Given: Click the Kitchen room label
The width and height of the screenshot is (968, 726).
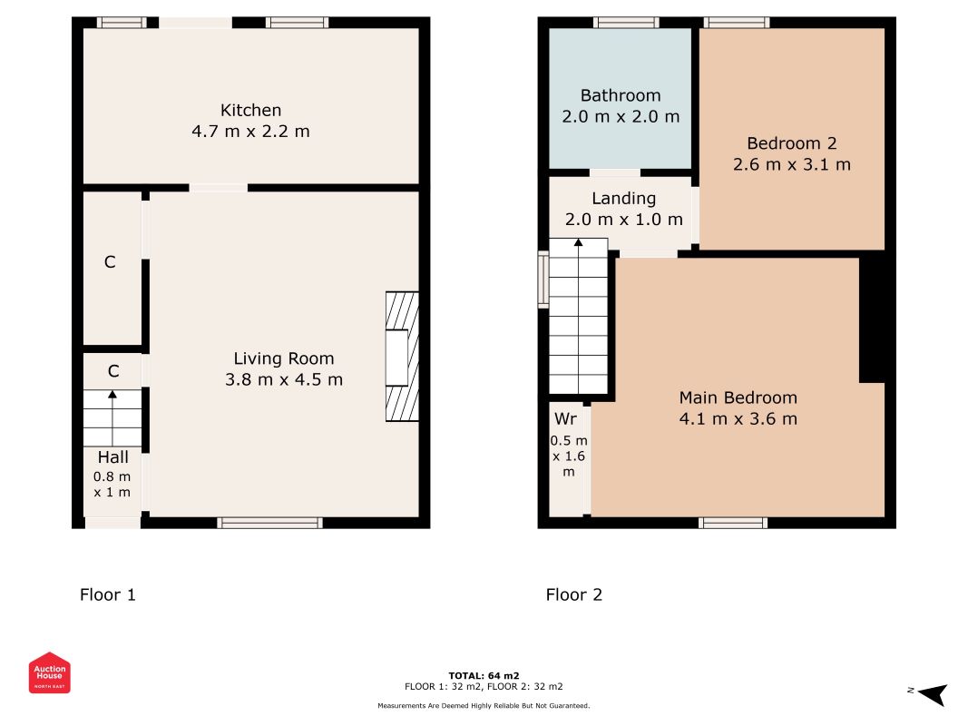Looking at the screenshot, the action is point(250,110).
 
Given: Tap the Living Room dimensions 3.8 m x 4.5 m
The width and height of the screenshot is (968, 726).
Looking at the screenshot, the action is point(283,379).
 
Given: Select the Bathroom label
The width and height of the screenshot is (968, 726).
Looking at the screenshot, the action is point(621,95).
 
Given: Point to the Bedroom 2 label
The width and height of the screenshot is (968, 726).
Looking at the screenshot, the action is point(791,143).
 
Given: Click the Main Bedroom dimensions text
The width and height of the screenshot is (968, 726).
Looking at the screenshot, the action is point(738,418).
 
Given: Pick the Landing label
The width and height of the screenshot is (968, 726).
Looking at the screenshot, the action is point(623,199).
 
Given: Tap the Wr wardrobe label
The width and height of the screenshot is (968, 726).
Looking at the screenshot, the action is point(565,418).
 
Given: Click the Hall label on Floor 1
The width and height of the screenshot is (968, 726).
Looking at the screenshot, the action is point(113,456).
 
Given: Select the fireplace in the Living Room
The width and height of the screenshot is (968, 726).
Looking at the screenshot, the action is point(402,357).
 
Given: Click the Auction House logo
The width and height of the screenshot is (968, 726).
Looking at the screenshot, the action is point(49,672).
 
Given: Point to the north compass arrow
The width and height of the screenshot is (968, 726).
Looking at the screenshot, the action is point(933,693).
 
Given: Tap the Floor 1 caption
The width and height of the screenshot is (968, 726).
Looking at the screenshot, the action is point(107,594).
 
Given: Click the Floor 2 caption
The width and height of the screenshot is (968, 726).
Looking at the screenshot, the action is point(573,594).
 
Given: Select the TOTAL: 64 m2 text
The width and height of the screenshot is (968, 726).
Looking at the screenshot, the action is point(484,675).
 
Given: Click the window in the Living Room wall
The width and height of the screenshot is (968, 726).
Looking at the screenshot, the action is point(269,523).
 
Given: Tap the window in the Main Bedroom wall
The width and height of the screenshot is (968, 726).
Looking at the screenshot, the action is point(733,523).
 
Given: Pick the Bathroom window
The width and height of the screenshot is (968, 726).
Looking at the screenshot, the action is point(626,23).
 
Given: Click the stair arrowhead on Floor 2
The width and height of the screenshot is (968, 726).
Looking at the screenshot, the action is point(578,242).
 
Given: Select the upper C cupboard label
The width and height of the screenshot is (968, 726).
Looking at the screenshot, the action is point(110,261).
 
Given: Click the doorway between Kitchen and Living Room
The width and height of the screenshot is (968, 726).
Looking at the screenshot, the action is point(219,188).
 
